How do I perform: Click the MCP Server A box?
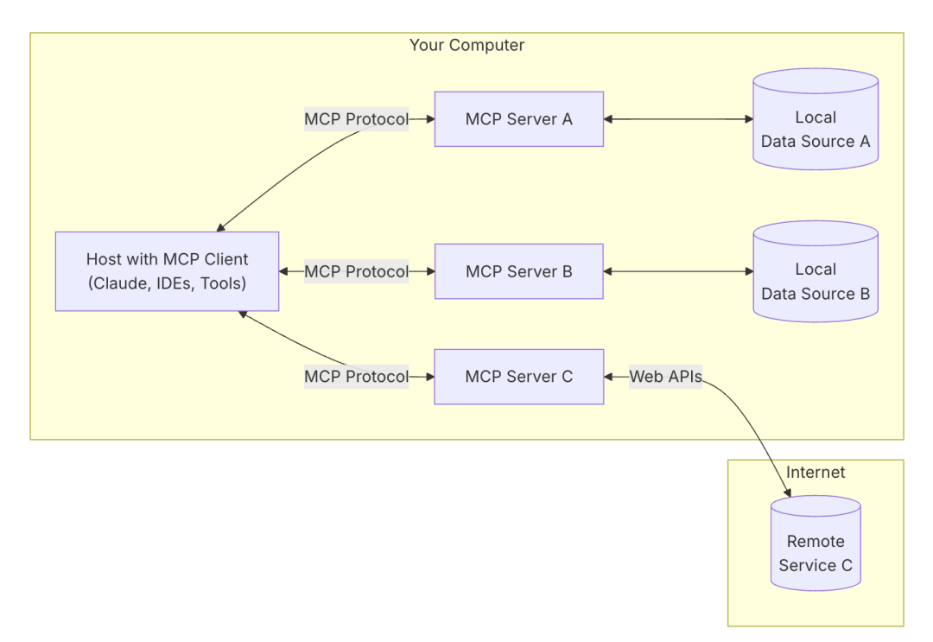click(518, 119)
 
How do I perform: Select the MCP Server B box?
click(518, 271)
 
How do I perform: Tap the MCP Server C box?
click(518, 377)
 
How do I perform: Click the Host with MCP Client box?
click(167, 271)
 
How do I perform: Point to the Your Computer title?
click(466, 45)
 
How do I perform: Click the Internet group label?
click(815, 473)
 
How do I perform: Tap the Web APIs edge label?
click(665, 377)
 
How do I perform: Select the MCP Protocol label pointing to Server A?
click(356, 119)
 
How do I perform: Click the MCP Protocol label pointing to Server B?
click(356, 271)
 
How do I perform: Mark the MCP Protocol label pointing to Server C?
click(356, 377)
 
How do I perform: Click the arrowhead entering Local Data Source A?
click(747, 119)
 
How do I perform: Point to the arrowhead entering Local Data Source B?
click(747, 271)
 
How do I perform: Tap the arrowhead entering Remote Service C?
click(787, 493)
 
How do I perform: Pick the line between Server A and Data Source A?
click(678, 119)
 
